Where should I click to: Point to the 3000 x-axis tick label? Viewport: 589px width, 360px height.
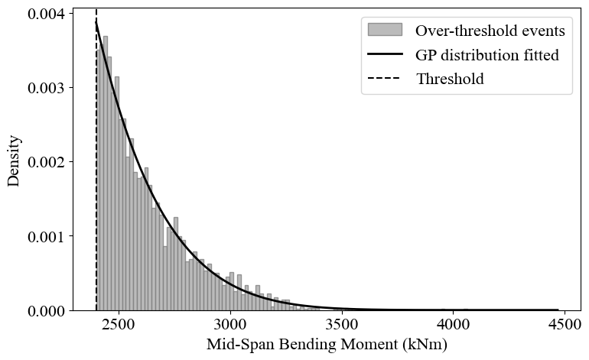pos(230,323)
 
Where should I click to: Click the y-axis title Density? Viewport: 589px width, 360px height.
pos(14,161)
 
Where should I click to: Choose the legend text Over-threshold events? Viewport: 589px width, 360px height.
pos(490,31)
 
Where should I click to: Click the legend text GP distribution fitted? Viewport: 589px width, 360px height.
pos(486,55)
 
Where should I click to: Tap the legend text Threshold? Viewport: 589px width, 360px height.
pos(450,79)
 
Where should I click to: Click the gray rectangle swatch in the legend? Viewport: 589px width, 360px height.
pos(385,30)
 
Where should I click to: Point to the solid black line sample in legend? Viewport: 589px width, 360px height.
pos(385,54)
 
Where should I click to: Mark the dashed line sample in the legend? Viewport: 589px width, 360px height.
pos(385,78)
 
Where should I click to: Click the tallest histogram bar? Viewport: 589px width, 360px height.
pos(105,176)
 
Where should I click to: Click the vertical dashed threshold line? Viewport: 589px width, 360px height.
pos(96,191)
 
